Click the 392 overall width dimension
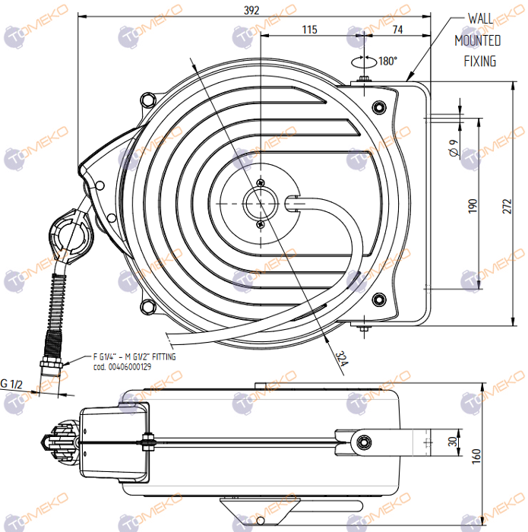click(252, 11)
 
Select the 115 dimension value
click(309, 30)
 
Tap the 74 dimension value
click(398, 30)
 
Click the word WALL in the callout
click(480, 17)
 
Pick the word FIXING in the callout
click(479, 61)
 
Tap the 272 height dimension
click(517, 205)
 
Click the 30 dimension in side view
click(454, 442)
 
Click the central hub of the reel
click(261, 204)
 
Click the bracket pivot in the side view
click(365, 442)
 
